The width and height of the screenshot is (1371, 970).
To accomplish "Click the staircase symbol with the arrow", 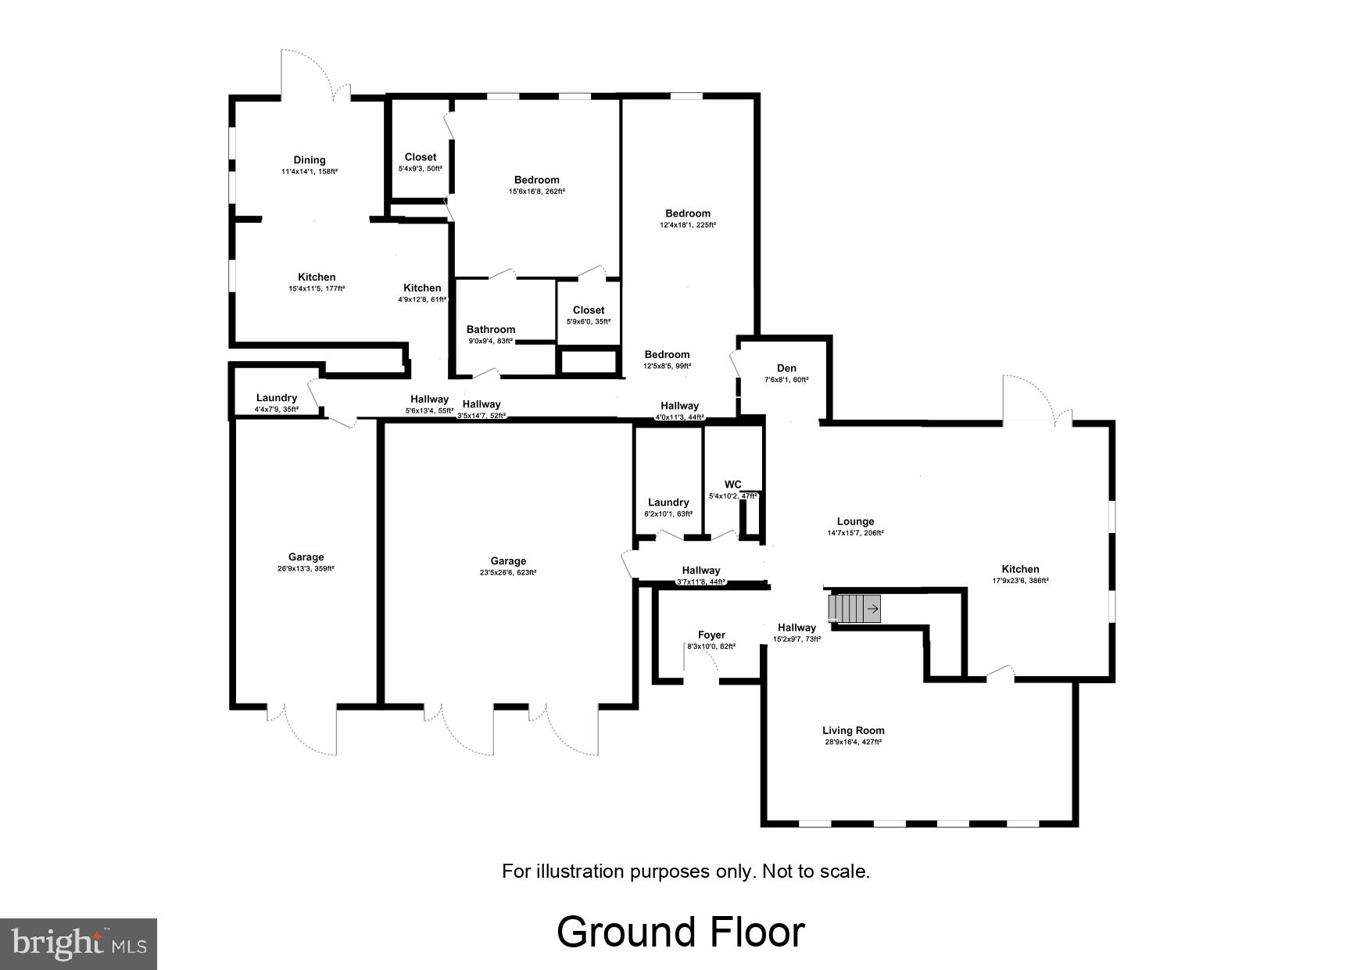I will pos(855,608).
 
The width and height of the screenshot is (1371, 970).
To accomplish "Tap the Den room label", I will pos(786,368).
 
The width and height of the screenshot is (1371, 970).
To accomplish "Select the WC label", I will pos(732,485).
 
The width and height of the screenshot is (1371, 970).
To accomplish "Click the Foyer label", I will pos(711,635).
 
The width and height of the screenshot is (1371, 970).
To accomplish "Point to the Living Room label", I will pos(853,731).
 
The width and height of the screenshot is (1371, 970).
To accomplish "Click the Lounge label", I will pos(855,521).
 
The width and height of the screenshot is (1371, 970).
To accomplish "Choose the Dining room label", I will pos(310,160).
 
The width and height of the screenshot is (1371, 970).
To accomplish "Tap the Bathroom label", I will pos(490,330).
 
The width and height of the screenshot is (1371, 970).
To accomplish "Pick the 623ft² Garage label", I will pos(508,561).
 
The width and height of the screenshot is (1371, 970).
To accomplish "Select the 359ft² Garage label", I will pos(306,557).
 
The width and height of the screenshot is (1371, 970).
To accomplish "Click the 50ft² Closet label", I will pos(421,157).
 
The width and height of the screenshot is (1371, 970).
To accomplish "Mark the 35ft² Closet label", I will pos(589,310).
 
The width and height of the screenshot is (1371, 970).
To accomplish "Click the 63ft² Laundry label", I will pos(668,503).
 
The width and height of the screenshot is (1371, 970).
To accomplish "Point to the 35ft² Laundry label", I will pos(276,398).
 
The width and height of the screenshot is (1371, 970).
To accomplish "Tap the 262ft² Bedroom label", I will pos(536,180).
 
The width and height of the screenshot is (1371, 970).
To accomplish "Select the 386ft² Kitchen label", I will pos(1020,569).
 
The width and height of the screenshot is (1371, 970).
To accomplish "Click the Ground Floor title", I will pos(680,932).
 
